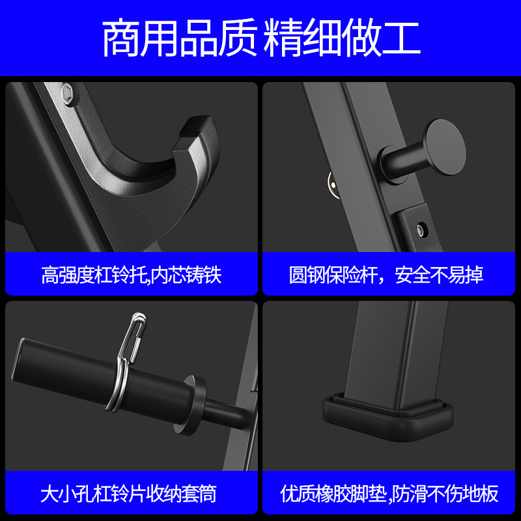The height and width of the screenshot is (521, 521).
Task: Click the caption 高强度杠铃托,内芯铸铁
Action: (x=132, y=274)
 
